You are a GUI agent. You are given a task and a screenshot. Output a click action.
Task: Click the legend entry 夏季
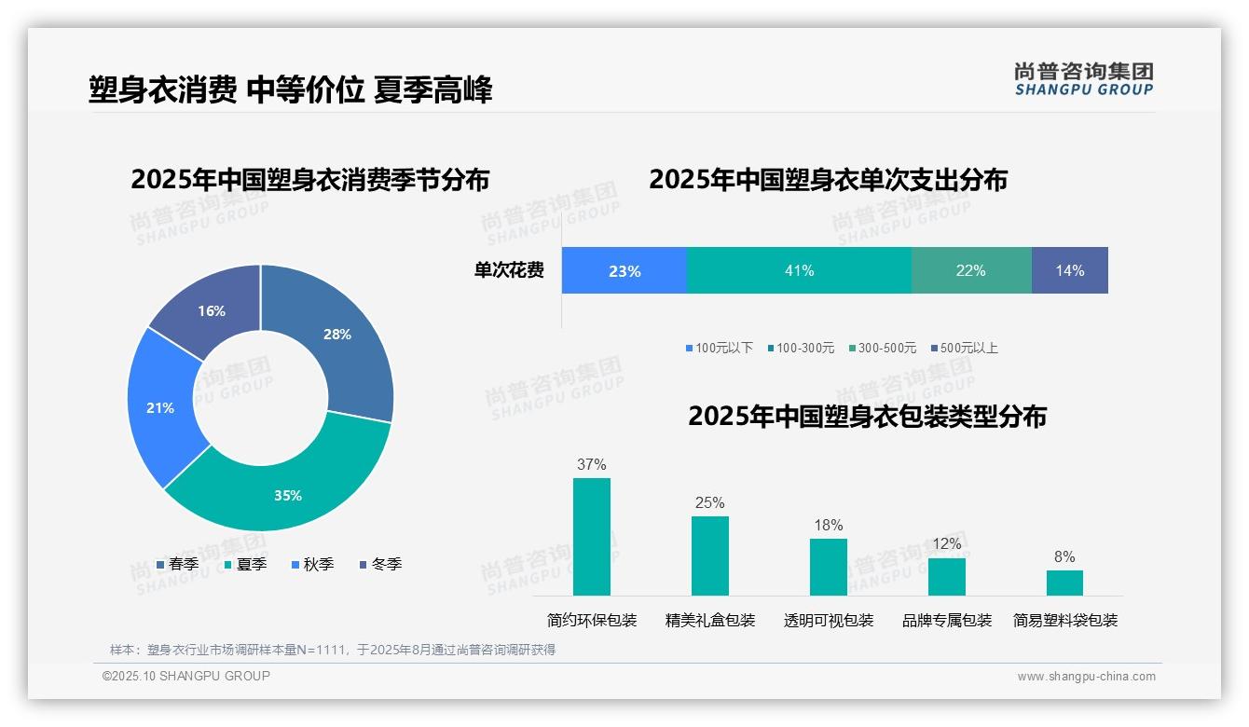tap(246, 564)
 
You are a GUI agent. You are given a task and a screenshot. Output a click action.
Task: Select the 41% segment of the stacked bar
tap(799, 270)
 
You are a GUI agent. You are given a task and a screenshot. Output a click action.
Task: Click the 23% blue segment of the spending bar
tap(624, 270)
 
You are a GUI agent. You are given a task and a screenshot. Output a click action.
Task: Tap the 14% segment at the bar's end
tap(1069, 270)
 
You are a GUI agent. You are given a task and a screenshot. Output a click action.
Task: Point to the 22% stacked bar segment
tap(970, 270)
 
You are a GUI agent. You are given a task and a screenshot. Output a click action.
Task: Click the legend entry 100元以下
tap(719, 348)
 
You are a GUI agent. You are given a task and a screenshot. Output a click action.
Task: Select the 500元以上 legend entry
tap(964, 348)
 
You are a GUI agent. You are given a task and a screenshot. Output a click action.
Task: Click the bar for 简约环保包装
tap(591, 537)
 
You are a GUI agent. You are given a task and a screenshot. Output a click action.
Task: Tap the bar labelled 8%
tap(1064, 583)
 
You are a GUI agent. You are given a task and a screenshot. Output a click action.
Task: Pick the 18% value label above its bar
tap(828, 525)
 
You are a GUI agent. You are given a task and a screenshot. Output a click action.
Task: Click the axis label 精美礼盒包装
tap(709, 620)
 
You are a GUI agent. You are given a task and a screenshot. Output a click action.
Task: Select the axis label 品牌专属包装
tap(946, 620)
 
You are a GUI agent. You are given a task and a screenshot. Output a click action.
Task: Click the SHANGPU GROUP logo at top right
tap(1083, 78)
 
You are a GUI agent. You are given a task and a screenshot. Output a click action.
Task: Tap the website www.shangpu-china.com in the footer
tap(1086, 677)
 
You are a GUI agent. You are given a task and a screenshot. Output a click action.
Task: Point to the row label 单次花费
tap(509, 270)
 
